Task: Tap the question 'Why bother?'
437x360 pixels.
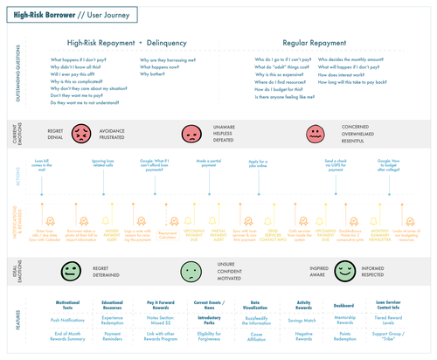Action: point(151,75)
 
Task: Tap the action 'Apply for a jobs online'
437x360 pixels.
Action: point(258,164)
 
